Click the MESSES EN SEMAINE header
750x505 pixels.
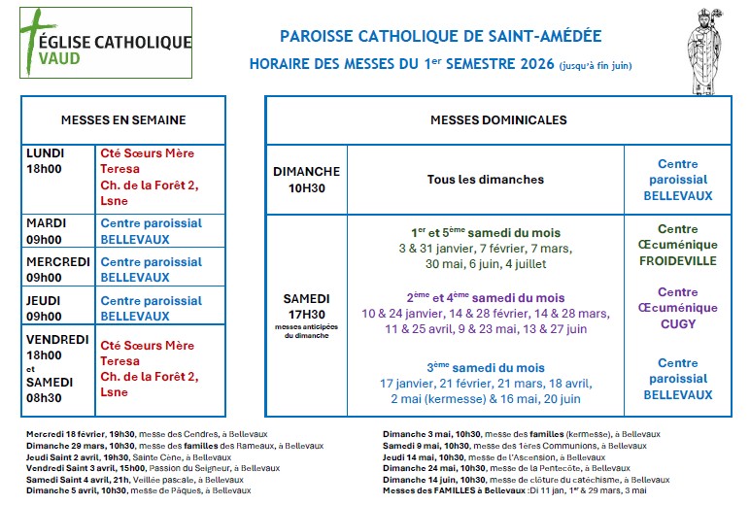click(x=122, y=120)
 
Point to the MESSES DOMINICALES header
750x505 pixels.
click(x=497, y=120)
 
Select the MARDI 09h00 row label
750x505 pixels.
click(x=45, y=231)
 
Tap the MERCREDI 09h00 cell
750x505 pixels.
click(x=58, y=269)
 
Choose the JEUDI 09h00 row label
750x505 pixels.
click(x=44, y=308)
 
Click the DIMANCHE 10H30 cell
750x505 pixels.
click(x=306, y=180)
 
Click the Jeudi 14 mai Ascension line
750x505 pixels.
click(x=481, y=457)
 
